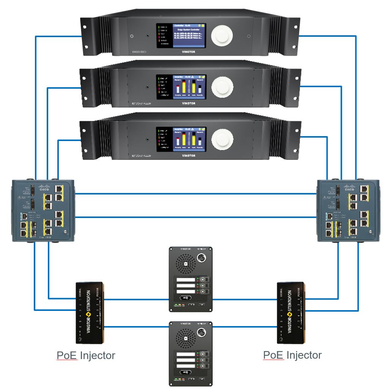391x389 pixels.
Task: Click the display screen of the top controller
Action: (x=189, y=35)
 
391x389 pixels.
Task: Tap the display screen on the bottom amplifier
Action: (x=189, y=139)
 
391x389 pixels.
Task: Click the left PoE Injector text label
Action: (x=86, y=355)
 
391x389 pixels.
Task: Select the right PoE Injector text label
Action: (x=292, y=355)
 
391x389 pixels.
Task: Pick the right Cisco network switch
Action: (x=348, y=210)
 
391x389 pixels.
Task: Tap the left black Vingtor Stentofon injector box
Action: (x=90, y=312)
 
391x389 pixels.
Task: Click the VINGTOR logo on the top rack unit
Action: (x=189, y=52)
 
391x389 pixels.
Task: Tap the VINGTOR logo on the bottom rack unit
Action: (x=189, y=155)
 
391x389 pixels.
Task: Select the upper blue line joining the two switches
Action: (x=196, y=193)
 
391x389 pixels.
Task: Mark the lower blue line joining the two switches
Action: (x=196, y=217)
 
